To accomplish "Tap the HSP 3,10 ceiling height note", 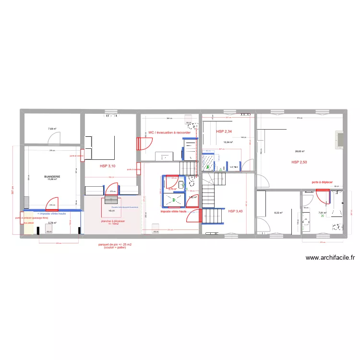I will [x=108, y=166].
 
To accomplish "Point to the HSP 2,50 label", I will [x=299, y=163].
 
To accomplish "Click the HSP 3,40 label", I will [x=236, y=211].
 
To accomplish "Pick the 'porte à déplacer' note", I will [x=323, y=182].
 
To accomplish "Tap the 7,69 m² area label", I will [x=52, y=129].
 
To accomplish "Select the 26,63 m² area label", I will [x=300, y=152].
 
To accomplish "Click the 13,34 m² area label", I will [x=228, y=142].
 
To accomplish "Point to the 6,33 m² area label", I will [x=278, y=213].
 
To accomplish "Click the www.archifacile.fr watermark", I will [x=330, y=257].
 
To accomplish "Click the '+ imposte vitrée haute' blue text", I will [x=51, y=213].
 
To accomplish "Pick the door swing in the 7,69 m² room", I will [x=55, y=139].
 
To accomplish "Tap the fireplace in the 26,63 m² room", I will [x=339, y=139].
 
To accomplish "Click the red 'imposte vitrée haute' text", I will [x=173, y=211].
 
